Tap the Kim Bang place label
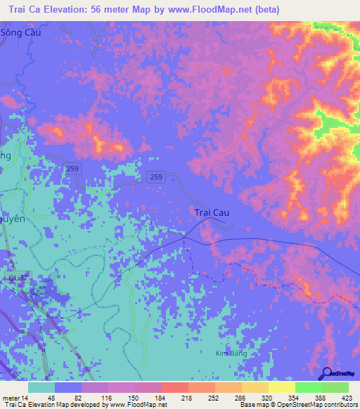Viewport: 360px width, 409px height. point(231,353)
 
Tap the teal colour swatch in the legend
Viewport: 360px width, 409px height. point(41,387)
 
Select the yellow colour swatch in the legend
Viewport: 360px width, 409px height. point(281,387)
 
